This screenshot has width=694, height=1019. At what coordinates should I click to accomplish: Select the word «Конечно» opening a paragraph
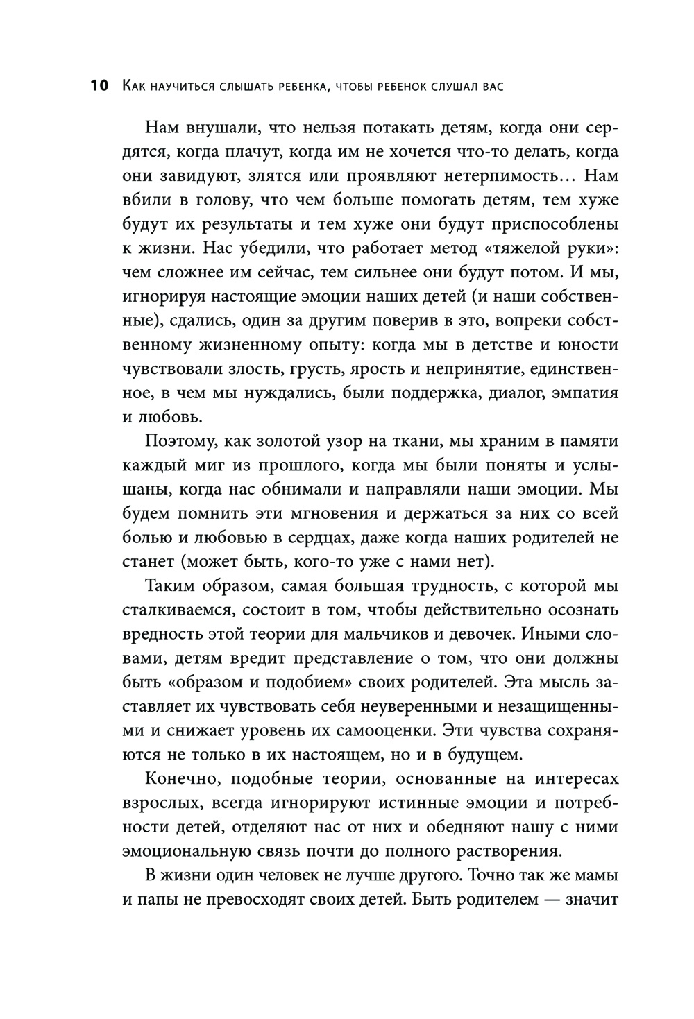pos(183,779)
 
